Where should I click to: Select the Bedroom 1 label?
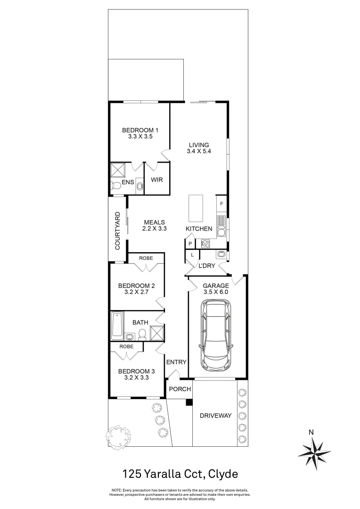139,131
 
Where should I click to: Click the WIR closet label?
156,180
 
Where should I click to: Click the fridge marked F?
221,205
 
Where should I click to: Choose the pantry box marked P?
190,244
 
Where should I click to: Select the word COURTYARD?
118,230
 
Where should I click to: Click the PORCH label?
180,389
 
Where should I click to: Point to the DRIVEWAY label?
215,415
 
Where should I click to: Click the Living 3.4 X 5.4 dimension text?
199,152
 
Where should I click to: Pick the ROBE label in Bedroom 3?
126,346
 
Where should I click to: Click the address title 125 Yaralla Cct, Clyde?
180,473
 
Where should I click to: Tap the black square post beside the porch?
189,402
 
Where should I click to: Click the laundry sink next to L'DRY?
221,255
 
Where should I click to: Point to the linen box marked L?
191,255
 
